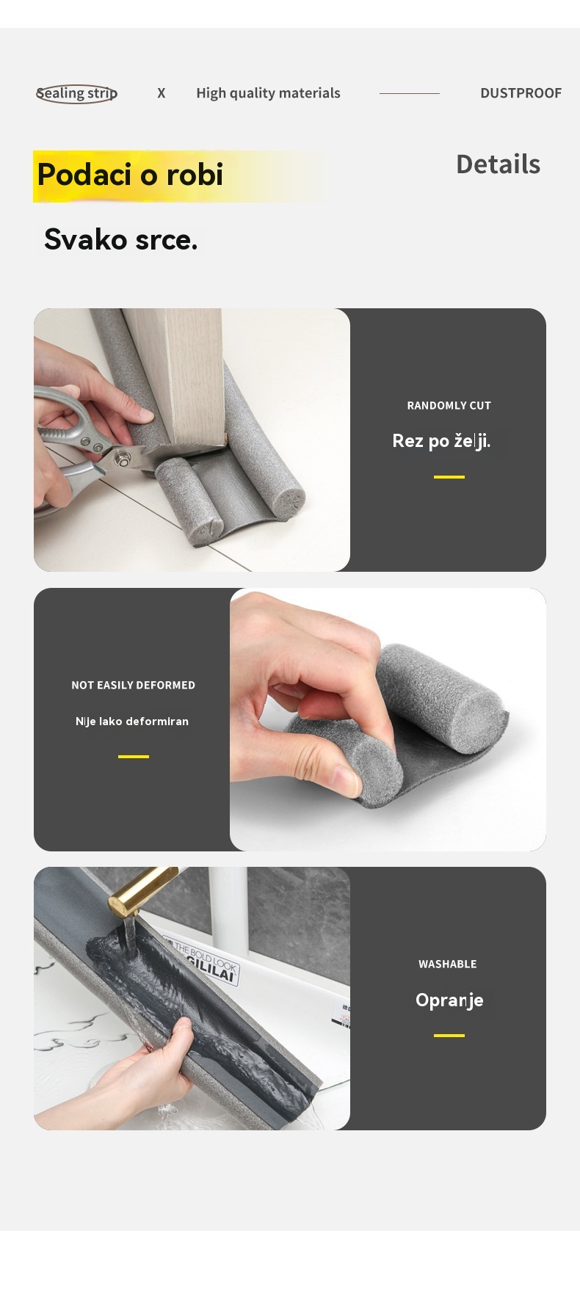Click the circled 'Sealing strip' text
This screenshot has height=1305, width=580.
pos(77,93)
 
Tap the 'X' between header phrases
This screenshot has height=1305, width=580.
pos(162,93)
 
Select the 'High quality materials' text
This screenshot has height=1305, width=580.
pos(268,93)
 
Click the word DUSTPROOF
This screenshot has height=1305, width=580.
pos(521,93)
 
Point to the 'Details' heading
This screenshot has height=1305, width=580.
pos(498,164)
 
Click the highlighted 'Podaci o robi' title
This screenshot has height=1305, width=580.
pos(130,175)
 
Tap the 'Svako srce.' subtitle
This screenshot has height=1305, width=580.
pos(120,239)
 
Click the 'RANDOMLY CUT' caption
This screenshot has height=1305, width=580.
pos(449,405)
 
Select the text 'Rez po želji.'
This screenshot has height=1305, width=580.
pos(441,441)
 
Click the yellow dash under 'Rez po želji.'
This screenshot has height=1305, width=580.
pos(449,477)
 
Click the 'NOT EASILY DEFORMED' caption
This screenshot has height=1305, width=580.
pos(133,685)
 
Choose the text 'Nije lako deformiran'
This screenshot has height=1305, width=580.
pos(132,721)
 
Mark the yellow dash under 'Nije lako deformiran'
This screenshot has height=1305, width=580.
pos(133,757)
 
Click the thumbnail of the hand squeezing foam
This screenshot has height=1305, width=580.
pos(388,719)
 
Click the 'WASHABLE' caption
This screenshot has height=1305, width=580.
pos(447,964)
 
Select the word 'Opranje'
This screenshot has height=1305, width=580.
pos(449,1000)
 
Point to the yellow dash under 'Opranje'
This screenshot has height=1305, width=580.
pos(449,1036)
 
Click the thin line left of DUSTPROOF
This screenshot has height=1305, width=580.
pos(409,93)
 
